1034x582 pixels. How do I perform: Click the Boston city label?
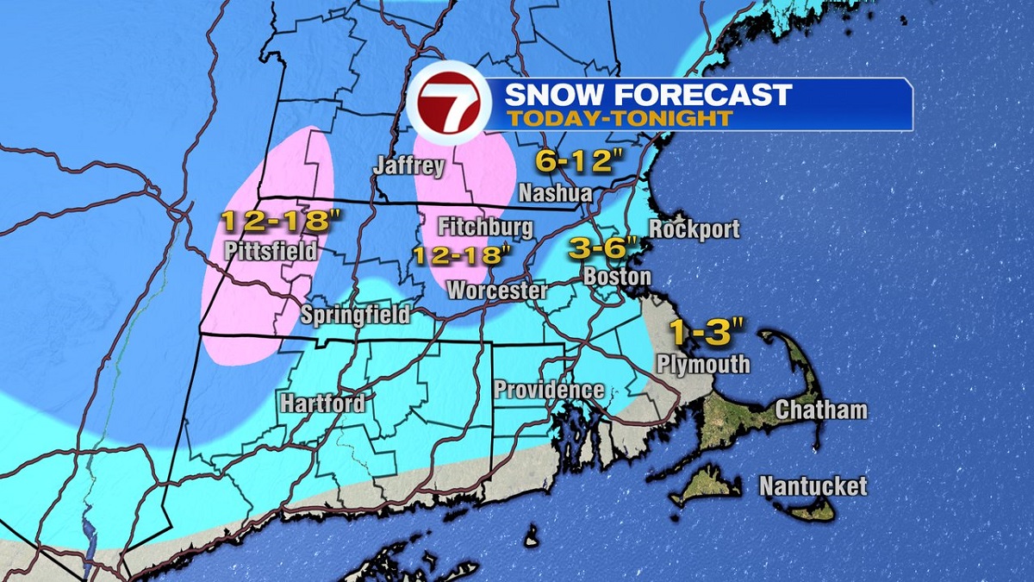click(x=616, y=277)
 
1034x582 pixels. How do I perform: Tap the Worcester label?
click(x=496, y=291)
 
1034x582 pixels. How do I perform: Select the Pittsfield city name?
click(x=270, y=252)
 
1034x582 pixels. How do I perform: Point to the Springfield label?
click(x=355, y=315)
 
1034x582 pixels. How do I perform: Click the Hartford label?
click(x=322, y=403)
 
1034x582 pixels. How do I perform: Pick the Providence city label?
click(x=548, y=390)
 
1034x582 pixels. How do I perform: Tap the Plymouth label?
click(x=703, y=364)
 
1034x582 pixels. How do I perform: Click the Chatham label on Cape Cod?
click(x=821, y=410)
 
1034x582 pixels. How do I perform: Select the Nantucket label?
click(x=813, y=486)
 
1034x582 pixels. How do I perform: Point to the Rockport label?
click(x=695, y=229)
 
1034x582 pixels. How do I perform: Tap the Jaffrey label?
click(x=408, y=166)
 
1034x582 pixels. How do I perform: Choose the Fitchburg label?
click(x=485, y=228)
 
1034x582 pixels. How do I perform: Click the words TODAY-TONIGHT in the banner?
click(x=619, y=117)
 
